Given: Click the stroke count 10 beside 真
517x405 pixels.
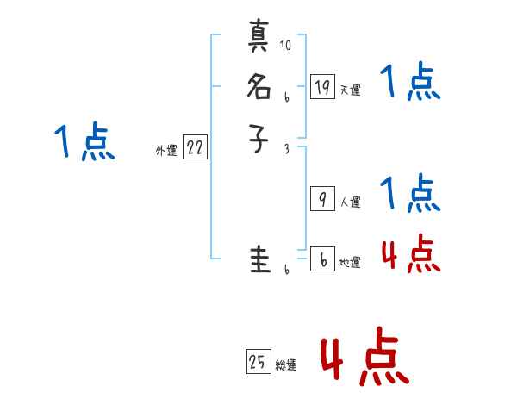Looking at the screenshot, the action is point(285,46).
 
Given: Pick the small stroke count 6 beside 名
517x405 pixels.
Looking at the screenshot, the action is point(285,97).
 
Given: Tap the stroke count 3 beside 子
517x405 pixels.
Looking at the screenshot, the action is point(285,148).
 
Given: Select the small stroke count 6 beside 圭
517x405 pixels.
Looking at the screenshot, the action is point(285,270).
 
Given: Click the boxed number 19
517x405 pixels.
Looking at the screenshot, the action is point(322,87).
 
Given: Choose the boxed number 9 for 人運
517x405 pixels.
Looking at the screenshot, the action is point(322,199).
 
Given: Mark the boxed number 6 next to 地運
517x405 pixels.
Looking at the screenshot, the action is point(322,259).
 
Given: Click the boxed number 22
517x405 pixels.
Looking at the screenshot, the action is point(195,147).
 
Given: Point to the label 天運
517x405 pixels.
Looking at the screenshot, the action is point(350,90).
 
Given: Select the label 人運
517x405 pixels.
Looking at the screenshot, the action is point(350,202).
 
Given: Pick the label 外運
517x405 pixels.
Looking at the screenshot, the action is point(166,151).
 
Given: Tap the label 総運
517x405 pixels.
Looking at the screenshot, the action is point(285,365).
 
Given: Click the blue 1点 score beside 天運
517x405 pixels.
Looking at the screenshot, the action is point(409,84).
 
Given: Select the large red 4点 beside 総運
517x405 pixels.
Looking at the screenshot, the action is point(364,358).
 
